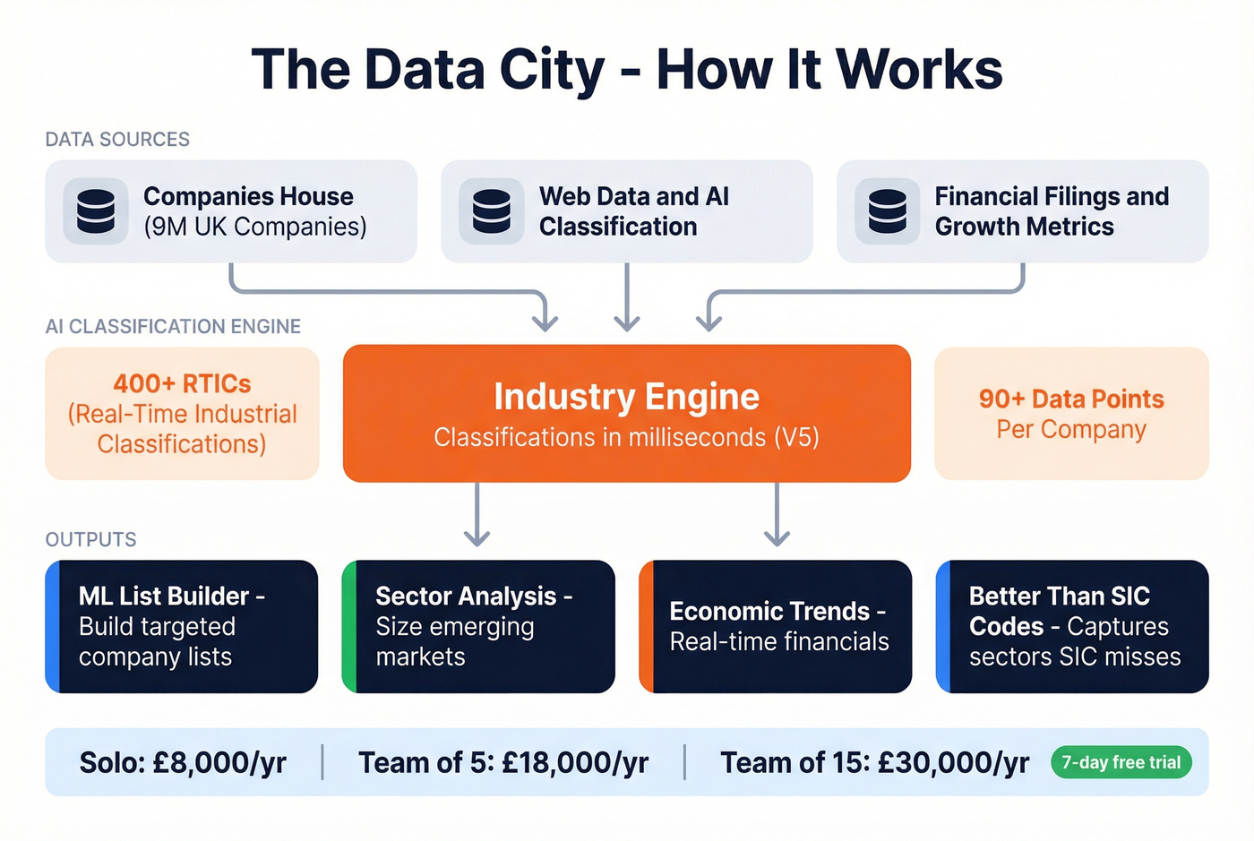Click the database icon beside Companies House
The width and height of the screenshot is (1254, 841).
tap(96, 211)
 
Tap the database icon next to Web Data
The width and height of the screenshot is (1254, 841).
tap(492, 211)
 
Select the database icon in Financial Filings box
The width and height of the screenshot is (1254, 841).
tap(888, 211)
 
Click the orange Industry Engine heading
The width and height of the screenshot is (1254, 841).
tap(626, 397)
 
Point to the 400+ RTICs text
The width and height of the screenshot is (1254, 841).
tap(182, 383)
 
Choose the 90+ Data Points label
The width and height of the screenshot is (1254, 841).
tap(1071, 399)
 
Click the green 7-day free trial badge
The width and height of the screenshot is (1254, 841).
tap(1121, 762)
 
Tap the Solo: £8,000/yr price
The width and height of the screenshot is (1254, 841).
tap(183, 763)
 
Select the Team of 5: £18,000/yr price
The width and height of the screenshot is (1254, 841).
tap(503, 763)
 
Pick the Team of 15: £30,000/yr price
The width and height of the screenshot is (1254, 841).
tap(874, 763)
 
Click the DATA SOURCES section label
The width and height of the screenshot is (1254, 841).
tap(117, 140)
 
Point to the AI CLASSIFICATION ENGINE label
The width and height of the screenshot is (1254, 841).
tap(173, 327)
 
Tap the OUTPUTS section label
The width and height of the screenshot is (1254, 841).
tap(90, 539)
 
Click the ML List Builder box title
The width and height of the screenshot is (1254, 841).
tap(170, 596)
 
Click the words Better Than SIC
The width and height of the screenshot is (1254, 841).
tap(1059, 596)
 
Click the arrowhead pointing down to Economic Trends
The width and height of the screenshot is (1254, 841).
tap(777, 536)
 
